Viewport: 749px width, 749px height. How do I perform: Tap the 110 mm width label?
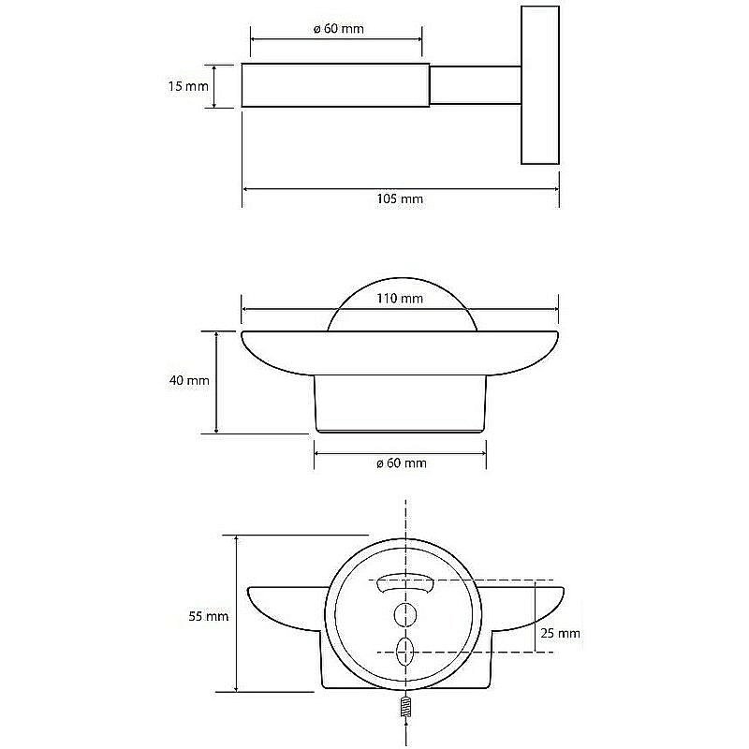(400, 300)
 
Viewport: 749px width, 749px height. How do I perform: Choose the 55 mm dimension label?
(209, 616)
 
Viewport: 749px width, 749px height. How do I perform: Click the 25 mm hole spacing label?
(561, 633)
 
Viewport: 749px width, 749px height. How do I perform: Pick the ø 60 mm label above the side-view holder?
(338, 28)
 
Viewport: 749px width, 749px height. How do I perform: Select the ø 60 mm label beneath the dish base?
(401, 463)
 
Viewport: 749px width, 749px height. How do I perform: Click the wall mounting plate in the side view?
(539, 86)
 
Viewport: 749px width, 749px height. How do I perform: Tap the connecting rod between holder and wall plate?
(475, 86)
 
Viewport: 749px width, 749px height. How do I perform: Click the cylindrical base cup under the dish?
(401, 404)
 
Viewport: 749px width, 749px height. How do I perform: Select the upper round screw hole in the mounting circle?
(405, 614)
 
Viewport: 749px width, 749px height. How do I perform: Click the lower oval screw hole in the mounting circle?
(405, 651)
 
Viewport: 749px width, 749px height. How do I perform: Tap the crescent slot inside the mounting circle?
(405, 584)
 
